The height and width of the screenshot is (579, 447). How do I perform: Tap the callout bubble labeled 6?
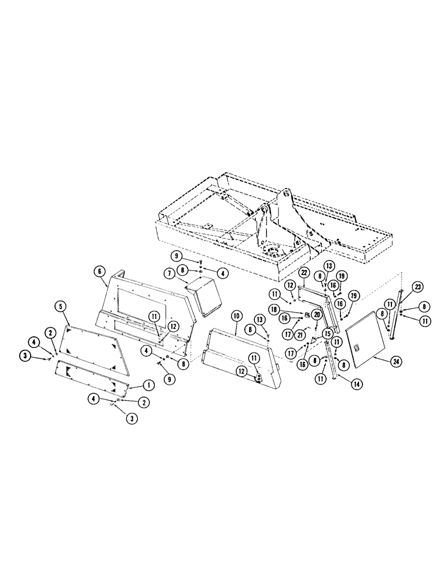[x=100, y=270]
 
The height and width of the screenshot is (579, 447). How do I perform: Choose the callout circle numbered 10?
[x=236, y=316]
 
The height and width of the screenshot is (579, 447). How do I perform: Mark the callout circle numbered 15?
[x=327, y=334]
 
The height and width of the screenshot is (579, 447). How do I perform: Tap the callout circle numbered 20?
[x=317, y=314]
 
